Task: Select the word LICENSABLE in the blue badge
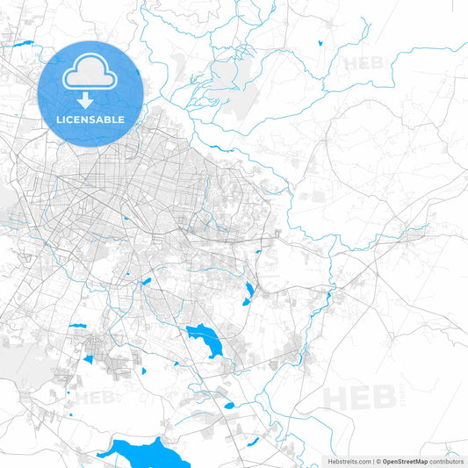click(x=91, y=119)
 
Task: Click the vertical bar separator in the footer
click(x=373, y=461)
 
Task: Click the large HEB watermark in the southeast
click(x=360, y=397)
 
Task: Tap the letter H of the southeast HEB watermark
click(x=336, y=397)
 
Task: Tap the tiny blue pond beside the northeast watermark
click(x=322, y=40)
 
